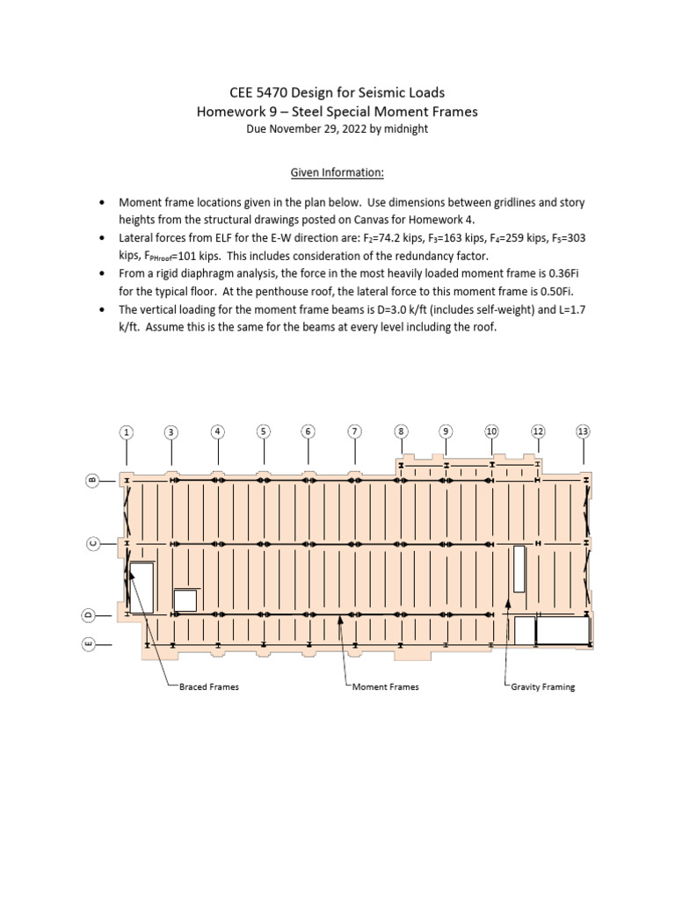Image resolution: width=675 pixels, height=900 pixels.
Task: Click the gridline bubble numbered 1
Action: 127,432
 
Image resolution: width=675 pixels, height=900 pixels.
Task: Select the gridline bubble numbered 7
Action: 354,432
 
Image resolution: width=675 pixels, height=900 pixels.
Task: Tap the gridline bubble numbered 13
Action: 583,431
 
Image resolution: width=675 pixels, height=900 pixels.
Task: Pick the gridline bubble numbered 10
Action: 491,431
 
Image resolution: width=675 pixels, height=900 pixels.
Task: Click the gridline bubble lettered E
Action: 89,645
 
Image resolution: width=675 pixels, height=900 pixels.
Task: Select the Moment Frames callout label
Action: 385,686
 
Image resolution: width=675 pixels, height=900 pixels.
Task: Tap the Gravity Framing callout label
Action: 542,686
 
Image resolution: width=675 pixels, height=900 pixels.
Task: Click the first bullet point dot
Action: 103,202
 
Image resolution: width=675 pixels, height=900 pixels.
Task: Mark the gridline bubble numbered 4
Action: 217,431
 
